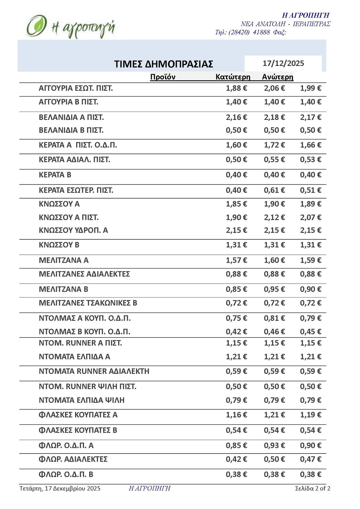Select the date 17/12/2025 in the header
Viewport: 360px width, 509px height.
coord(283,63)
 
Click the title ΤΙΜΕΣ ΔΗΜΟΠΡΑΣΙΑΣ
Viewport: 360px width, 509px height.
coord(163,64)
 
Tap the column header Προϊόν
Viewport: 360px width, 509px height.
coord(163,77)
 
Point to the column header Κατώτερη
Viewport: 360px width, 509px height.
coord(233,77)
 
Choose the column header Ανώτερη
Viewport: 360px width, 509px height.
coord(277,77)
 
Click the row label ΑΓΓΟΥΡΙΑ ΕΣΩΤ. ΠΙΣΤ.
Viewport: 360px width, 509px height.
coord(76,88)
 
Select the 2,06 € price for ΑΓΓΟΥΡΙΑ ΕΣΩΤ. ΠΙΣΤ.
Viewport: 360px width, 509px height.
coord(274,88)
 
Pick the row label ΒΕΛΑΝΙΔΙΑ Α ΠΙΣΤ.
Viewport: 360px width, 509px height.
coord(71,117)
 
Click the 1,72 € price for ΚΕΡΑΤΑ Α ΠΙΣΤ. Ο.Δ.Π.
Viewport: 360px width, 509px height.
coord(274,145)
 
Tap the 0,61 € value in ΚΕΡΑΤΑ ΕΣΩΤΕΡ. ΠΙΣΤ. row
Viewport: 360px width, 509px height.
coord(274,190)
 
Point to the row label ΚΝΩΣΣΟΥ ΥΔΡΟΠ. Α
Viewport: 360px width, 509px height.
coord(73,230)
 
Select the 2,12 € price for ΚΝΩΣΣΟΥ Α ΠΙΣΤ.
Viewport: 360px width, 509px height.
coord(274,217)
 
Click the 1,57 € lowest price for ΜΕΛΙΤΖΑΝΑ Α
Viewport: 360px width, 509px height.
coord(236,260)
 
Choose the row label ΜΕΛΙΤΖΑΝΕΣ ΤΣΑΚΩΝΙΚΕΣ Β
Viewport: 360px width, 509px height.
coord(88,303)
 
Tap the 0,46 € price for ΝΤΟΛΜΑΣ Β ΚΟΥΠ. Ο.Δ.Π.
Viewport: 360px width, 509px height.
coord(274,332)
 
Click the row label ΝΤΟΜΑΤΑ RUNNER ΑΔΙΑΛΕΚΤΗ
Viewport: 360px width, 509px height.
coord(94,371)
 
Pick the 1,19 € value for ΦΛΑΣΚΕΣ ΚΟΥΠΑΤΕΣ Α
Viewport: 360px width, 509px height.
coord(310,415)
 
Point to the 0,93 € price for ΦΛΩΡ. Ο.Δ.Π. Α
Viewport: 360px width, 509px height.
coord(274,446)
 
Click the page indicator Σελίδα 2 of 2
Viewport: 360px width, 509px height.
coord(313,488)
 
